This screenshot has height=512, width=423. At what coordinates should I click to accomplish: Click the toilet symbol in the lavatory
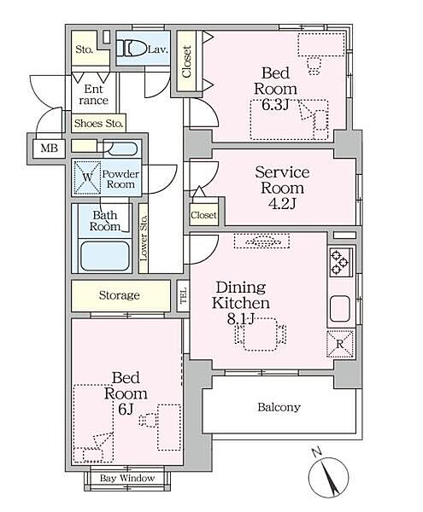[132, 48]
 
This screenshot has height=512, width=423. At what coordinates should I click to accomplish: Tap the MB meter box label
[50, 148]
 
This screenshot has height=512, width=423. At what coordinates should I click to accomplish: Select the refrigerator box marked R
[340, 344]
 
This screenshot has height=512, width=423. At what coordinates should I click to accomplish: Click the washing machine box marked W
[87, 177]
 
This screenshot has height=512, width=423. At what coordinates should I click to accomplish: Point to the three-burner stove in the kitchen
[341, 262]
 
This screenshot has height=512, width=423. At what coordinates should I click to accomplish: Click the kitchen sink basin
[340, 308]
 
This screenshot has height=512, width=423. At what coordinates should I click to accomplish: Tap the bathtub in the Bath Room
[104, 256]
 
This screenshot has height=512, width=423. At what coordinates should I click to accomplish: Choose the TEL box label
[183, 295]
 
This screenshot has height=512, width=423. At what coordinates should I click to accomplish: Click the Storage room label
[120, 295]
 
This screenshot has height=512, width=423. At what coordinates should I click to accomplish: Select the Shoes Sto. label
[98, 124]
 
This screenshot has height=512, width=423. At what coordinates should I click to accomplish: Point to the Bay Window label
[127, 479]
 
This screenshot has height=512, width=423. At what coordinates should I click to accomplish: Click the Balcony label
[279, 407]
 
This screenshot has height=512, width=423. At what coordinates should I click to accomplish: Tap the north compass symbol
[328, 476]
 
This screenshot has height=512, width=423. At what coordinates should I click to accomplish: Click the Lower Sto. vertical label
[144, 238]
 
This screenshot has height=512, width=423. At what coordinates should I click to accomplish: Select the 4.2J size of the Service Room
[282, 204]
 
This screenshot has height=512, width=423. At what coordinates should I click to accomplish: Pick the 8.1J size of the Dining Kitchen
[241, 318]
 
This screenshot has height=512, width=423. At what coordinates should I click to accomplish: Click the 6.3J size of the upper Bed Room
[275, 104]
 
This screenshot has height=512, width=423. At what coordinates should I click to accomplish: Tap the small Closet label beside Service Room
[203, 215]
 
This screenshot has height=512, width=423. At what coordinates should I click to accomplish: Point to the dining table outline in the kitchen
[260, 334]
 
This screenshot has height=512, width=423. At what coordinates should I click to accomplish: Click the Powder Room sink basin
[122, 148]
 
